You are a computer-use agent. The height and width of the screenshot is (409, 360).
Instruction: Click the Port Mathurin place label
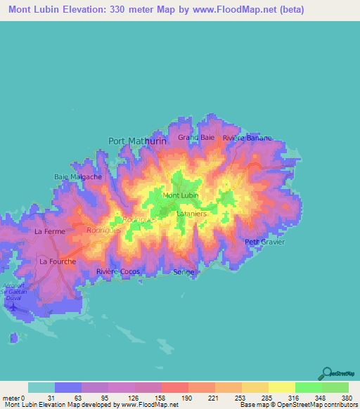tap(137, 141)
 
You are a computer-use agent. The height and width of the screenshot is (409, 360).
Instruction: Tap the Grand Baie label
tap(196, 137)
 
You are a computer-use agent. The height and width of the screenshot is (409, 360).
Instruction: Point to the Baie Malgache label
tap(78, 176)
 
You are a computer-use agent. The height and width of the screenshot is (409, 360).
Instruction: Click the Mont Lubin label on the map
tap(181, 195)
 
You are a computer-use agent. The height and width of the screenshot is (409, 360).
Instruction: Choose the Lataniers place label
tap(191, 212)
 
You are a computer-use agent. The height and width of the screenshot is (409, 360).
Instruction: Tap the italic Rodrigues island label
tap(102, 229)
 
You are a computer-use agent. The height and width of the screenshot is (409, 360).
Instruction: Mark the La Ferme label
tap(49, 231)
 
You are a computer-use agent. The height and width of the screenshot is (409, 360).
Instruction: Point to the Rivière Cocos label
tap(118, 271)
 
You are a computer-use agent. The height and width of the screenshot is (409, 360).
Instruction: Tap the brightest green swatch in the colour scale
tap(308, 387)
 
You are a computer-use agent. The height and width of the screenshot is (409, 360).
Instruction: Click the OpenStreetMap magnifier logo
tap(326, 372)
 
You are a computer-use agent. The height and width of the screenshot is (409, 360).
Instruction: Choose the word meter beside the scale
tap(10, 398)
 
